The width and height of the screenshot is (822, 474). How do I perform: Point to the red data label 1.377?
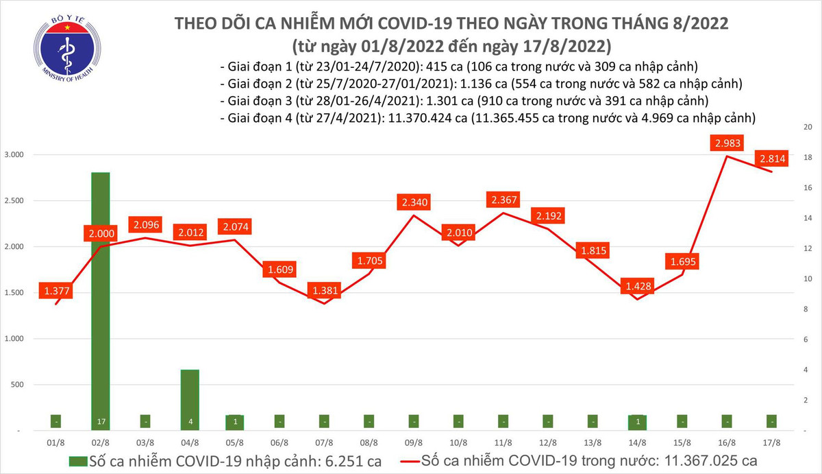(58, 292)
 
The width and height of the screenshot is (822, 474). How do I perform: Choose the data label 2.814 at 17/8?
(772, 158)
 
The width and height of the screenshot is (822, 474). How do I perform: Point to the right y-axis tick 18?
(808, 158)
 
